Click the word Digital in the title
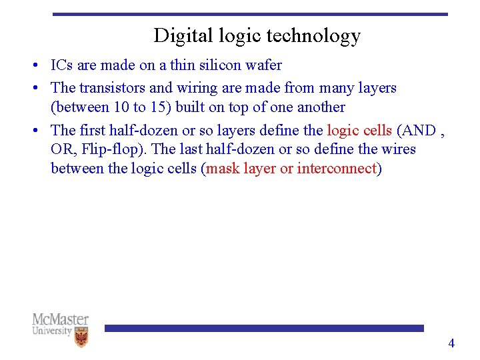(175, 35)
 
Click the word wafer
(265, 65)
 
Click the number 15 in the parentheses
(159, 107)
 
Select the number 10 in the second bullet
(120, 107)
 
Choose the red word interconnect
(337, 169)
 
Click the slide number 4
(451, 343)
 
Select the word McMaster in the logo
(60, 319)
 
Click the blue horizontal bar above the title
(250, 13)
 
